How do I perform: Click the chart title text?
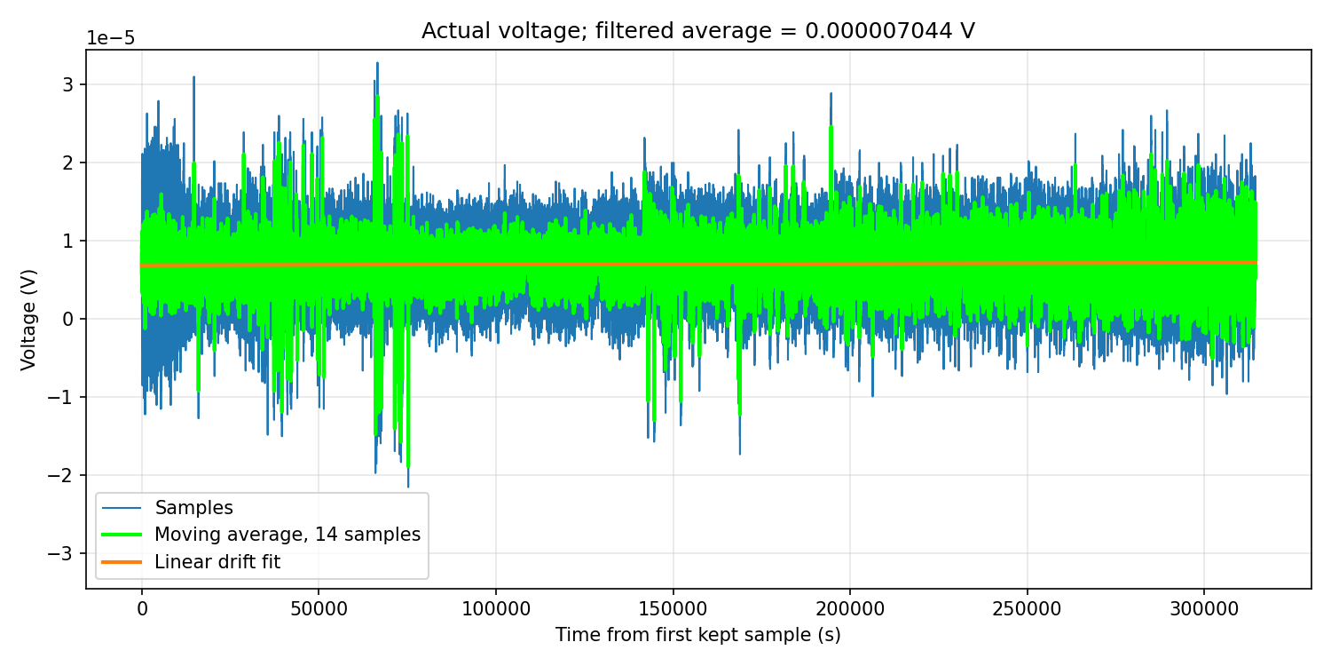[x=698, y=31]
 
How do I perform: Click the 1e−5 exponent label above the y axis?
[x=111, y=39]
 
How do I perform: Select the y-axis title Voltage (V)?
[x=28, y=320]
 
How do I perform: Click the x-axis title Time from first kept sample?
[x=698, y=635]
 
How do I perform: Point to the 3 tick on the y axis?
[x=67, y=84]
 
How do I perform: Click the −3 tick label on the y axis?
[x=60, y=553]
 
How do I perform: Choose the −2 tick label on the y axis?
[x=60, y=475]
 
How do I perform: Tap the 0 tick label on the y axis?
[x=67, y=319]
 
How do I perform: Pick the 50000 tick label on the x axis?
[x=319, y=609]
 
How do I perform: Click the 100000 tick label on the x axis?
[x=496, y=609]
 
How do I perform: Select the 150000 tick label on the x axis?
[x=673, y=609]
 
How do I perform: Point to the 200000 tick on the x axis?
[x=850, y=609]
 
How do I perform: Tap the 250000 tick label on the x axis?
[x=1028, y=609]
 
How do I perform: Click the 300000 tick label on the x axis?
[x=1204, y=609]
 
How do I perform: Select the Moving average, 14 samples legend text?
[x=287, y=535]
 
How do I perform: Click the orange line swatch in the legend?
[x=122, y=562]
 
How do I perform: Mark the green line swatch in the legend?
[x=122, y=535]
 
